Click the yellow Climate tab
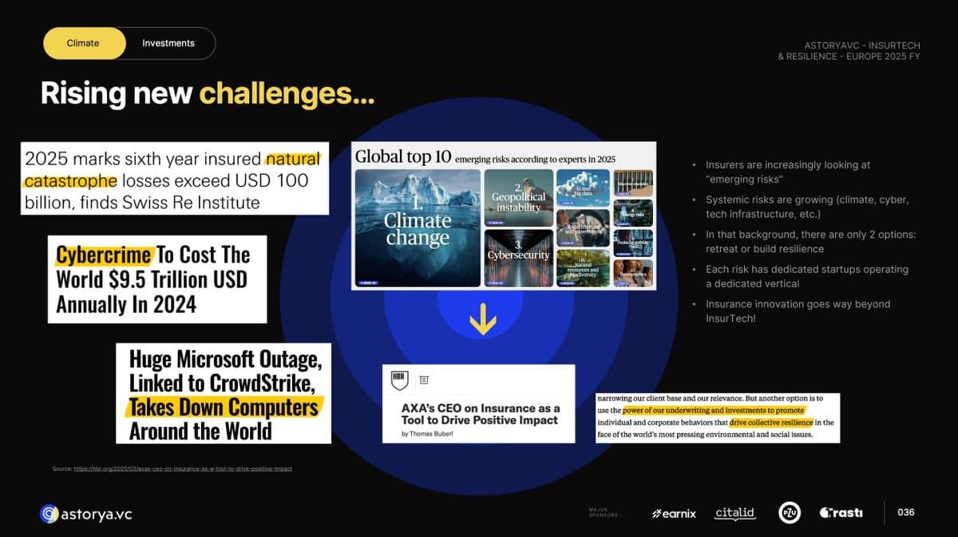(x=83, y=43)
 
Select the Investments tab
(x=168, y=43)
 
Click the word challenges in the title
(x=286, y=94)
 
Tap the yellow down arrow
(x=482, y=320)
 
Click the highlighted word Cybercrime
(x=103, y=255)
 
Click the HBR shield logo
(x=398, y=380)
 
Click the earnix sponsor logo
(x=674, y=513)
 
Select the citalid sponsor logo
(x=734, y=513)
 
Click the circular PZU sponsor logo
(x=790, y=513)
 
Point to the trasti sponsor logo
(x=841, y=513)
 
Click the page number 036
(x=906, y=512)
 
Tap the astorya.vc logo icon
(x=49, y=514)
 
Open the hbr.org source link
(x=182, y=468)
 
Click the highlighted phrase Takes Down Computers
(x=224, y=408)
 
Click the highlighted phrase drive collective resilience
(x=771, y=422)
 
